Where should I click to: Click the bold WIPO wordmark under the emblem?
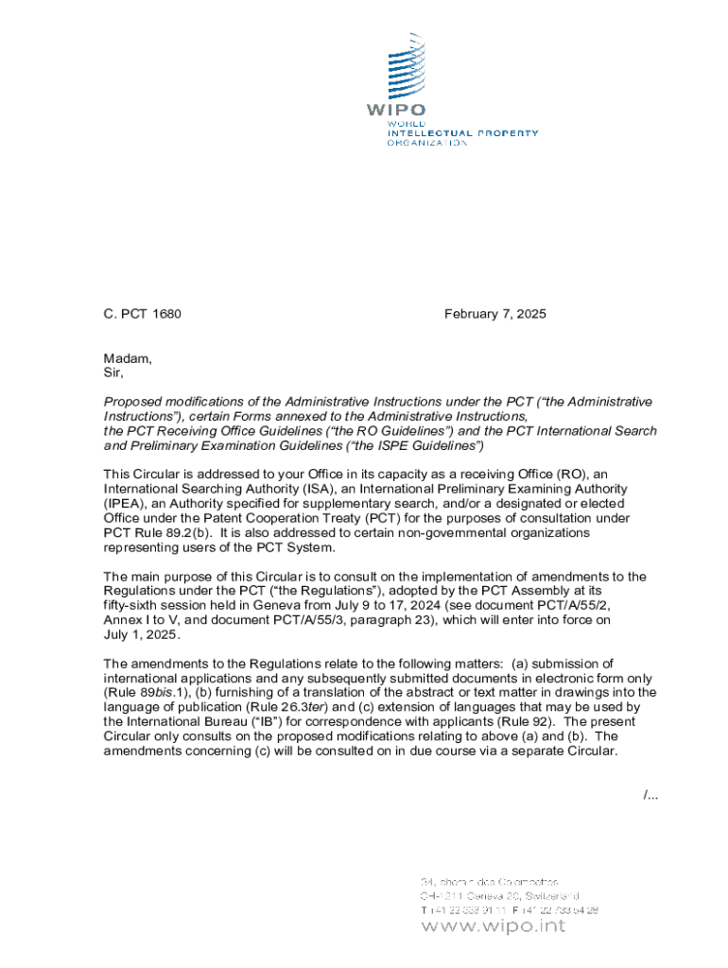tap(395, 110)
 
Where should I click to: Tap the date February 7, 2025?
tap(494, 314)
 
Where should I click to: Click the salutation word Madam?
tap(127, 358)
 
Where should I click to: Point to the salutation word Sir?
tap(113, 372)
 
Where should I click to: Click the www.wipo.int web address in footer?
tap(493, 925)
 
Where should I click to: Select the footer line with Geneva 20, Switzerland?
tap(499, 895)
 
